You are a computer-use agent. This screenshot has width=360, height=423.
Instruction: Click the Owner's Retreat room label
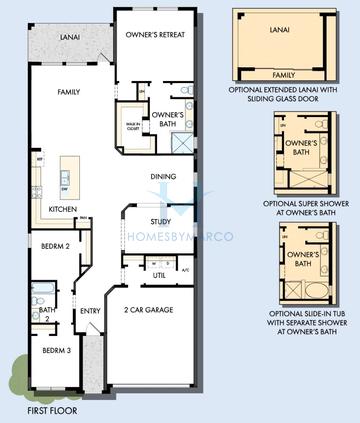coord(152,34)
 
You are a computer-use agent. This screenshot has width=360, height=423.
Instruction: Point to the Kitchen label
coord(65,210)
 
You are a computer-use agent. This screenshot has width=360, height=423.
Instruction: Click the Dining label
coord(163,177)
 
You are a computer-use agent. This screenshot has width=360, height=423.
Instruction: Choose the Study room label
coord(161,221)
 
